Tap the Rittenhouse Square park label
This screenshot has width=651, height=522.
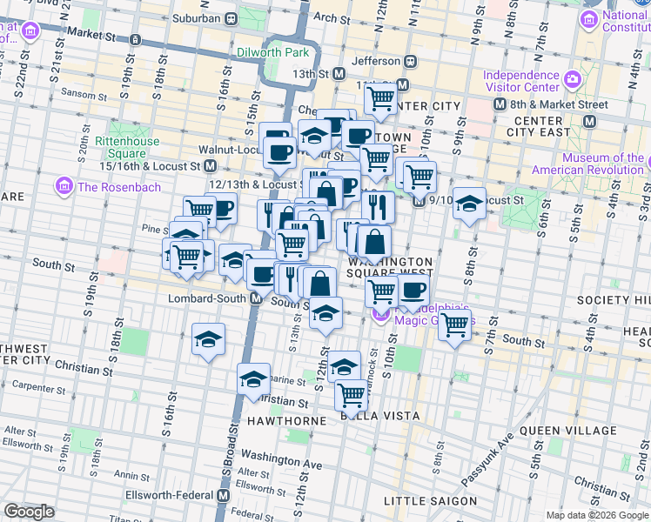pyautogui.click(x=126, y=147)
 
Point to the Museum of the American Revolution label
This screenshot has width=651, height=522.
pyautogui.click(x=590, y=164)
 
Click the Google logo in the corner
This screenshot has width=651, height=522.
pyautogui.click(x=30, y=512)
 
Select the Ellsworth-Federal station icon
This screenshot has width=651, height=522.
pyautogui.click(x=223, y=495)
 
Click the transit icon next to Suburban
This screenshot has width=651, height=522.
pyautogui.click(x=232, y=18)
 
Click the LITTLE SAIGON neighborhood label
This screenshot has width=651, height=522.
pyautogui.click(x=430, y=501)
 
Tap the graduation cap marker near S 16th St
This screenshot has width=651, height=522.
pyautogui.click(x=208, y=339)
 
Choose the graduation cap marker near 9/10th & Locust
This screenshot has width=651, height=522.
pyautogui.click(x=469, y=204)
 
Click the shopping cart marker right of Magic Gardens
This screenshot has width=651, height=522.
pyautogui.click(x=454, y=326)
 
